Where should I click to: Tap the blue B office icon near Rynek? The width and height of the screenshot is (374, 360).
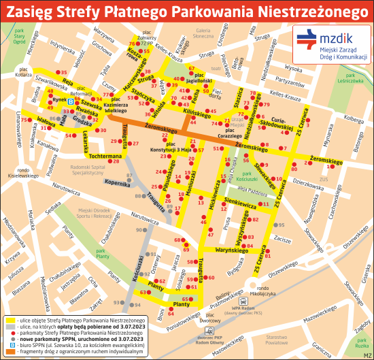pos(70,99)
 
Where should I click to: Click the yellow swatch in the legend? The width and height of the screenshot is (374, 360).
pos(11,319)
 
